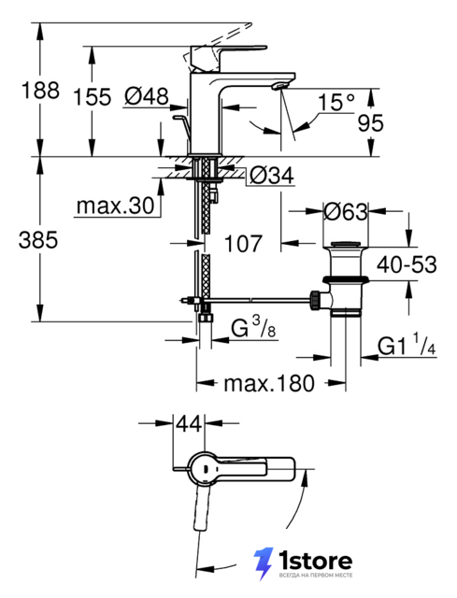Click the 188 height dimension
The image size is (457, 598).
coord(40,91)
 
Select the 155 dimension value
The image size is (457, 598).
coord(92,96)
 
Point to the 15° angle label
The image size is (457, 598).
coord(336,102)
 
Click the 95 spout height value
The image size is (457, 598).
coord(370,122)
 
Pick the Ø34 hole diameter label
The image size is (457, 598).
coord(272,175)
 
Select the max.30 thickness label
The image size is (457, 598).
coord(115,206)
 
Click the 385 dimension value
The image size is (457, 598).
coord(38,240)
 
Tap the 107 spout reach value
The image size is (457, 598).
coord(243,243)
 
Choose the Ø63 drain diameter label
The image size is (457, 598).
coord(346,211)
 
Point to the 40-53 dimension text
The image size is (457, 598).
coord(407,263)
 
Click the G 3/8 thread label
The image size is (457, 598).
coord(253,328)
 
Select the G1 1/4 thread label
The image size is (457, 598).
coord(407,345)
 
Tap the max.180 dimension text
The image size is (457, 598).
coord(269,383)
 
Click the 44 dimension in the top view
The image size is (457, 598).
coord(189,423)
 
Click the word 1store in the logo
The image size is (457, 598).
coord(315,561)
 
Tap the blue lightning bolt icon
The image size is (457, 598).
coord(264,563)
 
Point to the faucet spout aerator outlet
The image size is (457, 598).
coord(279,86)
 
